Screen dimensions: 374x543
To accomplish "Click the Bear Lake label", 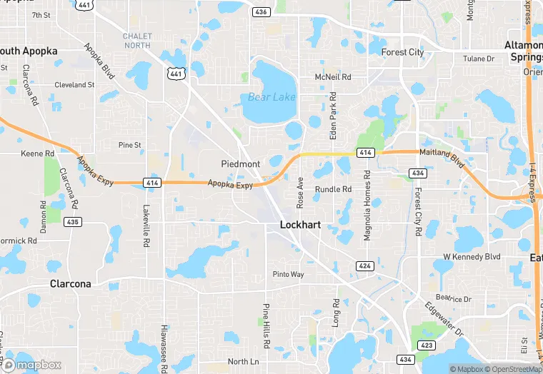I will click(x=271, y=97).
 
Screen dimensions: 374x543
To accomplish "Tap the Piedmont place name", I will click(x=241, y=164).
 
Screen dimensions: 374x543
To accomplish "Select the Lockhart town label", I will click(x=300, y=225).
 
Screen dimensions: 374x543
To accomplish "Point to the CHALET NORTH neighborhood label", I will click(x=136, y=41).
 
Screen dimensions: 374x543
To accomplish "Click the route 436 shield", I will click(x=261, y=12).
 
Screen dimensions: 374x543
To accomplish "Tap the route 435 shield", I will click(x=72, y=222).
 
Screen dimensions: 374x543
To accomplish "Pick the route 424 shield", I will click(x=364, y=266).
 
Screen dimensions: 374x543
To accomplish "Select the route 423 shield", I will click(x=427, y=345).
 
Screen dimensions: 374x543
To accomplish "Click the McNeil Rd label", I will click(x=333, y=77).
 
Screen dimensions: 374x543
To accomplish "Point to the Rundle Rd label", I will click(x=334, y=190).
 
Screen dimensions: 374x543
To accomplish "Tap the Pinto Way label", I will click(x=288, y=275).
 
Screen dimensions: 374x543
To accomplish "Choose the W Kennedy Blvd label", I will click(x=472, y=256).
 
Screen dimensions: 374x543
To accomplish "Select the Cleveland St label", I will click(x=74, y=85).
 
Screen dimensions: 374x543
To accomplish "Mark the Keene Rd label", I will click(x=38, y=153).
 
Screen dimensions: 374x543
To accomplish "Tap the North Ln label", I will click(x=243, y=362).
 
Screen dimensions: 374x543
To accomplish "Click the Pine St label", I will click(x=130, y=145).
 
